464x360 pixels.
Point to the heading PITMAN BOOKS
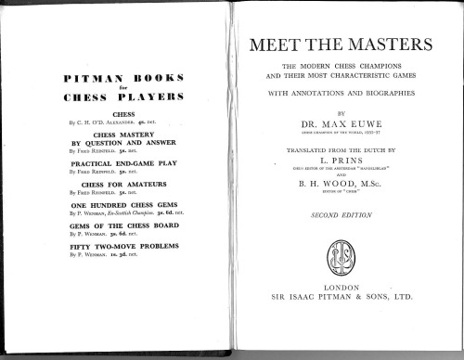pos(121,79)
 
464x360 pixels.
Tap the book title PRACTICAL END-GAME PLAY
pos(120,166)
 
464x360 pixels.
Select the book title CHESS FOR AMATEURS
pos(120,191)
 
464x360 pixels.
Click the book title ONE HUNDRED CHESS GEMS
pos(120,215)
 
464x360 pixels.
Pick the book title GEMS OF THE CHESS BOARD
pos(120,239)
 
